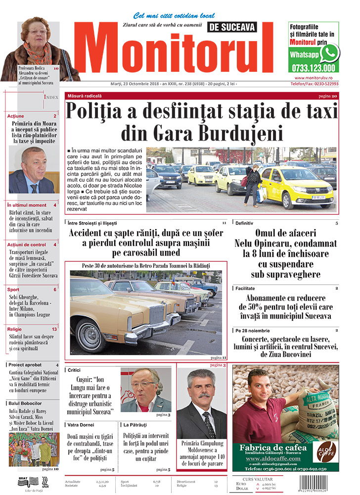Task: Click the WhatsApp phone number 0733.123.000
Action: point(313,68)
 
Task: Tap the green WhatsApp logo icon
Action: point(329,53)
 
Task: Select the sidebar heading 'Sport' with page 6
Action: point(13,289)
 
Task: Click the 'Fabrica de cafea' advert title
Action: point(272,448)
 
